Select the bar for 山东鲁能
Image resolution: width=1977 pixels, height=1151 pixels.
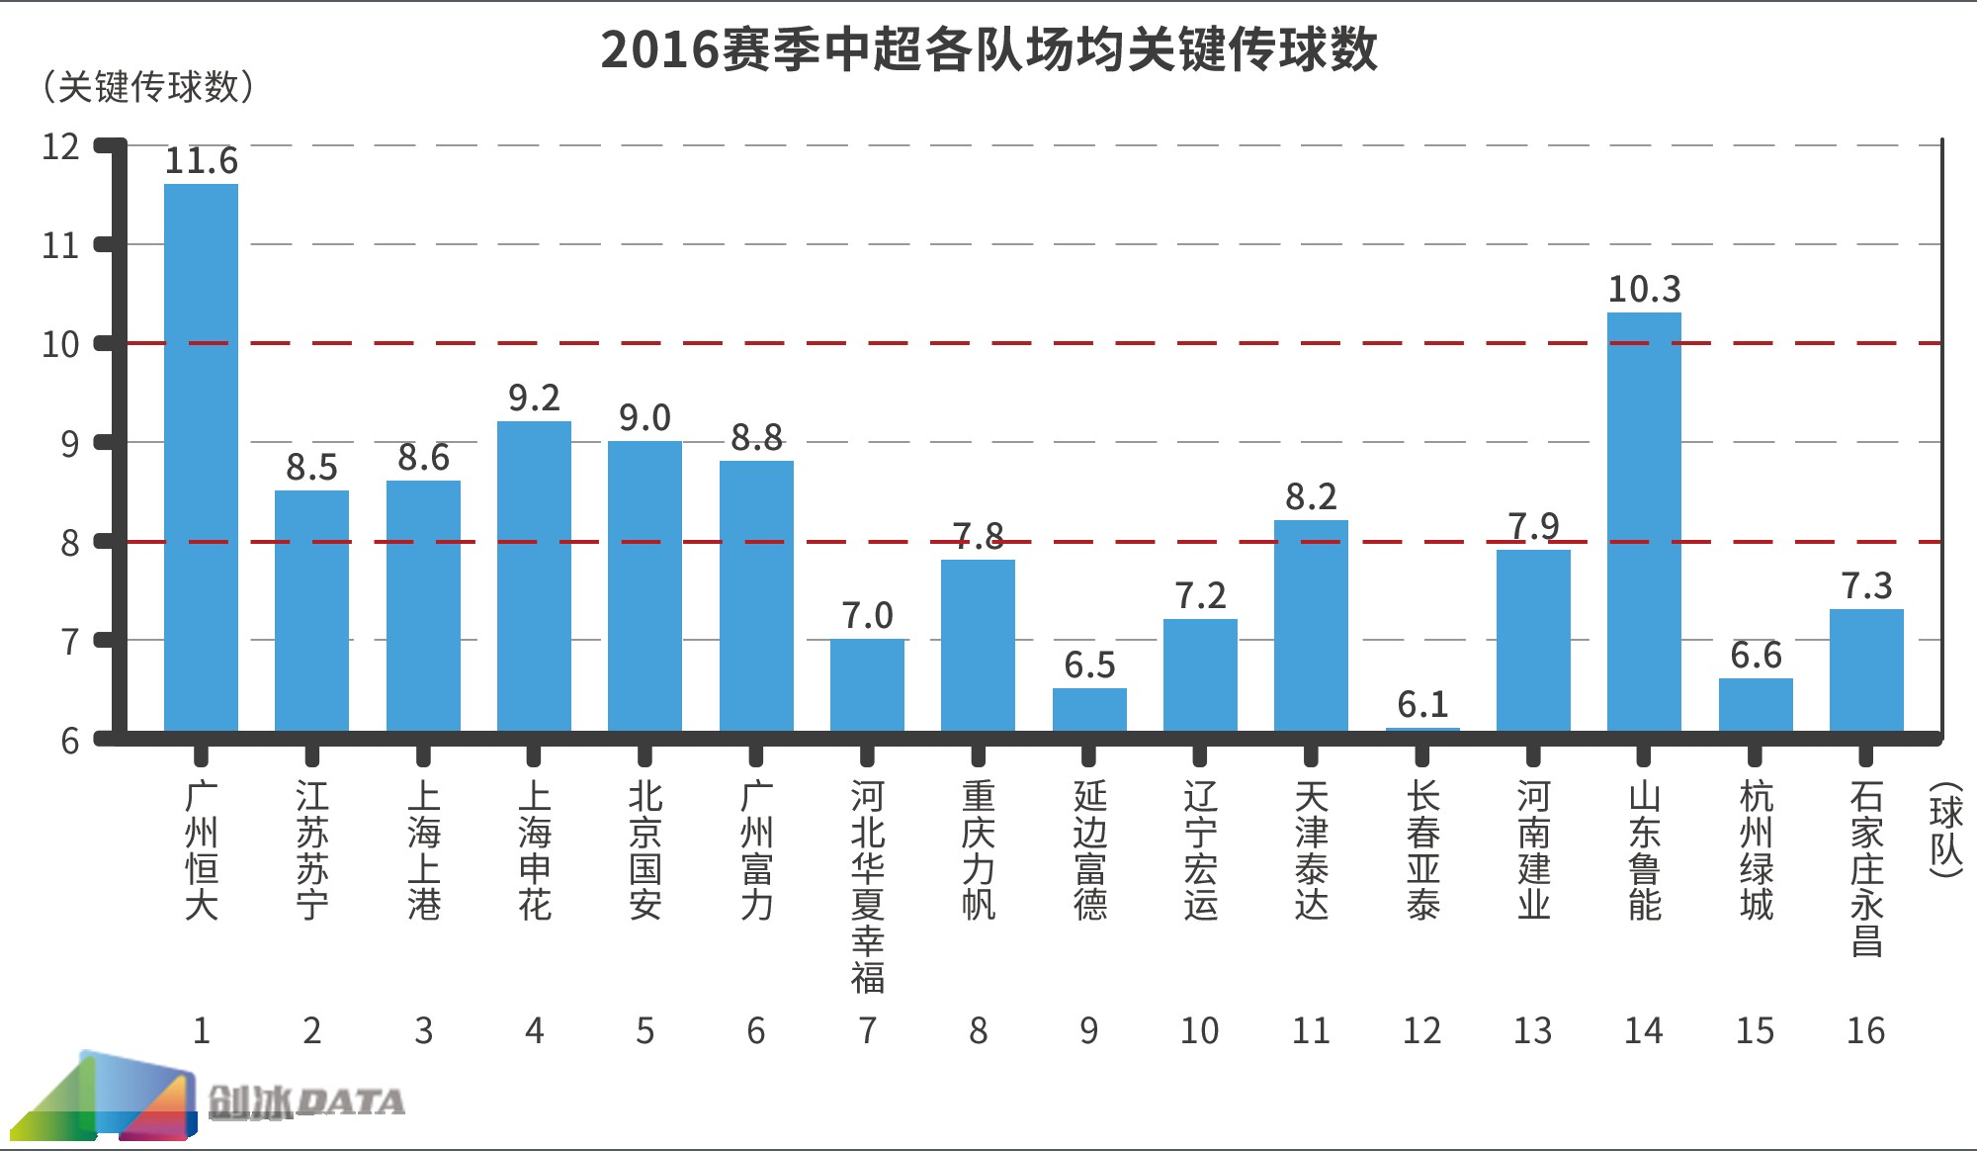pos(1644,521)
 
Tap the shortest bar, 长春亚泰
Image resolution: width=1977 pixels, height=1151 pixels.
pos(1422,730)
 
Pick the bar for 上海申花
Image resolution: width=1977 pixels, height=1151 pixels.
pos(534,575)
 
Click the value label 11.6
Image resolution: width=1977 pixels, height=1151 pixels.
pos(201,160)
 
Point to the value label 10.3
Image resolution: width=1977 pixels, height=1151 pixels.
pos(1644,289)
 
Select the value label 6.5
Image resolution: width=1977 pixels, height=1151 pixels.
pos(1089,664)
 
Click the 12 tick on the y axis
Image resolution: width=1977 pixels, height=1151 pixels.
pos(60,146)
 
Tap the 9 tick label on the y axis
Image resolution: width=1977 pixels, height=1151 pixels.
pos(69,444)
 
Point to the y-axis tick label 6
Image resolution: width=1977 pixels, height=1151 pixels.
pos(69,741)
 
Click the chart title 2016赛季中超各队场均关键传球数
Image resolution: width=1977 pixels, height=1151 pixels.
pos(988,49)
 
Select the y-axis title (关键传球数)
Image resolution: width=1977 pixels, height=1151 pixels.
pos(148,87)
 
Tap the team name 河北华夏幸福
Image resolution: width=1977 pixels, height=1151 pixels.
pos(867,886)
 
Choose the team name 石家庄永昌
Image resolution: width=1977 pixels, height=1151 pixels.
pos(1866,868)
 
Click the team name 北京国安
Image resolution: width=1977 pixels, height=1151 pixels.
pos(645,850)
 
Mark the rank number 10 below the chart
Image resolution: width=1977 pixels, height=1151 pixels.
pos(1199,1030)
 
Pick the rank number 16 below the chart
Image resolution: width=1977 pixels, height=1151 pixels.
pos(1865,1030)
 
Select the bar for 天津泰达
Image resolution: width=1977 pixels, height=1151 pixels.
pos(1311,625)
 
